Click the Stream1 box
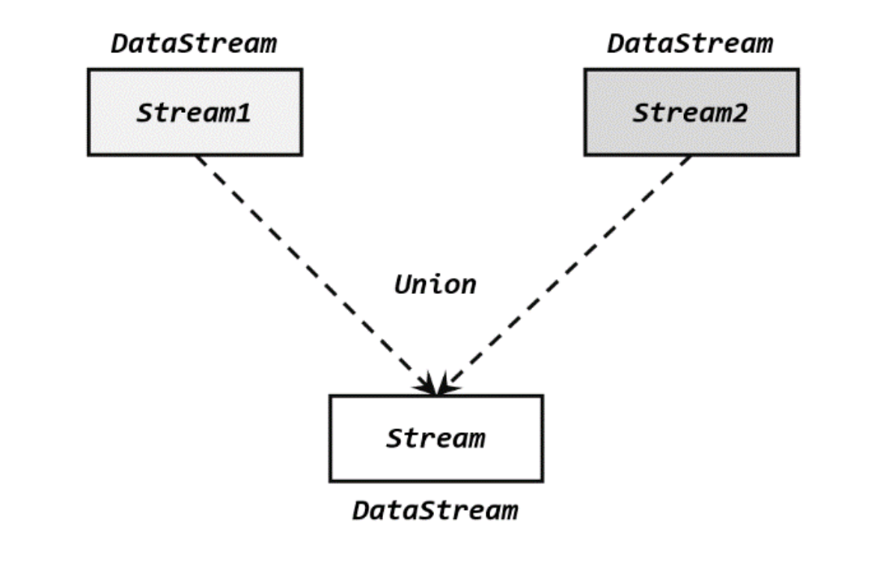click(x=195, y=112)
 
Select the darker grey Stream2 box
click(x=691, y=112)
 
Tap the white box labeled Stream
click(x=436, y=438)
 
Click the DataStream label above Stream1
click(x=194, y=43)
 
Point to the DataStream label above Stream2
click(x=690, y=43)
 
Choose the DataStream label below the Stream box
click(x=436, y=511)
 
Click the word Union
click(x=436, y=285)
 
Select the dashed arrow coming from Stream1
click(x=316, y=275)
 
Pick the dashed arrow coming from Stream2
click(x=564, y=275)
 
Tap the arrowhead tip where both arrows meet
click(x=437, y=395)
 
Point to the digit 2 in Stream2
click(x=739, y=113)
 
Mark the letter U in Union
click(x=403, y=285)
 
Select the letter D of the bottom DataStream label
click(x=362, y=511)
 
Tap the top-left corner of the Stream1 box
click(x=88, y=69)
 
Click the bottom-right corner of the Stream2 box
click(x=798, y=155)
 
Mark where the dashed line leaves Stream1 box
click(x=198, y=156)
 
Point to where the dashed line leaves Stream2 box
click(x=691, y=156)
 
